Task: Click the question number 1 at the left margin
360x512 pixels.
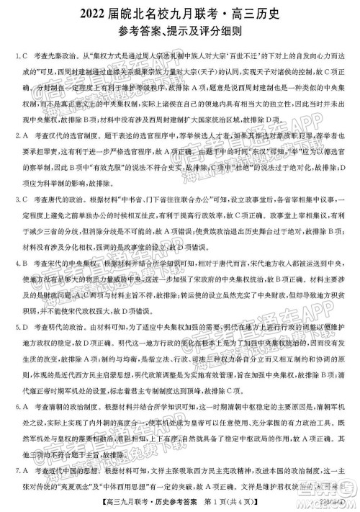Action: click(16, 55)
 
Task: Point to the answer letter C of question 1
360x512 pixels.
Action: click(24, 55)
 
